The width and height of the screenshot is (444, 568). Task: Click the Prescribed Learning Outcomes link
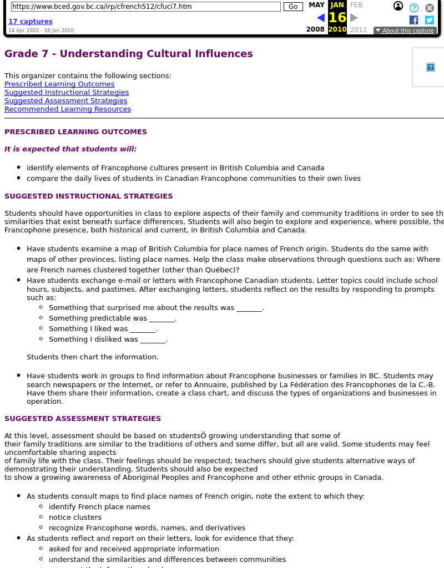[x=59, y=84]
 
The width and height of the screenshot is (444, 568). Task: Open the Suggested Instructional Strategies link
[x=67, y=93]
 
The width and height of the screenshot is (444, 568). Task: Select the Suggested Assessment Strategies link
[x=65, y=101]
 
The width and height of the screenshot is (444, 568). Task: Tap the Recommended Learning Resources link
[x=68, y=109]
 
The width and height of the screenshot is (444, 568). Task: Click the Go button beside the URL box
[x=293, y=7]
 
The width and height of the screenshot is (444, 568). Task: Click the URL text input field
[x=145, y=7]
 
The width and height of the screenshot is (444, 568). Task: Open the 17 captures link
[x=30, y=22]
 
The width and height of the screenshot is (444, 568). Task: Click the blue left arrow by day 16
[x=321, y=18]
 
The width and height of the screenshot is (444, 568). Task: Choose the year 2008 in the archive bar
[x=315, y=30]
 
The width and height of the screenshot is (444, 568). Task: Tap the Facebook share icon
[x=413, y=20]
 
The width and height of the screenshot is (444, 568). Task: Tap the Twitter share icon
[x=430, y=20]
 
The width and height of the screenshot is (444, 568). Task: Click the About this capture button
[x=405, y=31]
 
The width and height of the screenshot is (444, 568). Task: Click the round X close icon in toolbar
[x=430, y=8]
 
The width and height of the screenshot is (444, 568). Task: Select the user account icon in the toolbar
[x=398, y=7]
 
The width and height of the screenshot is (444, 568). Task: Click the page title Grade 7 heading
[x=129, y=54]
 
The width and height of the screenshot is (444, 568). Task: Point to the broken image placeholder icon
[x=430, y=67]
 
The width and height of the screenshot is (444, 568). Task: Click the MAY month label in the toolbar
[x=316, y=5]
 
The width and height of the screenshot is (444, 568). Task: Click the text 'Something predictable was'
[x=98, y=318]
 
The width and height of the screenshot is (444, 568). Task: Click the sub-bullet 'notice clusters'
[x=75, y=518]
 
